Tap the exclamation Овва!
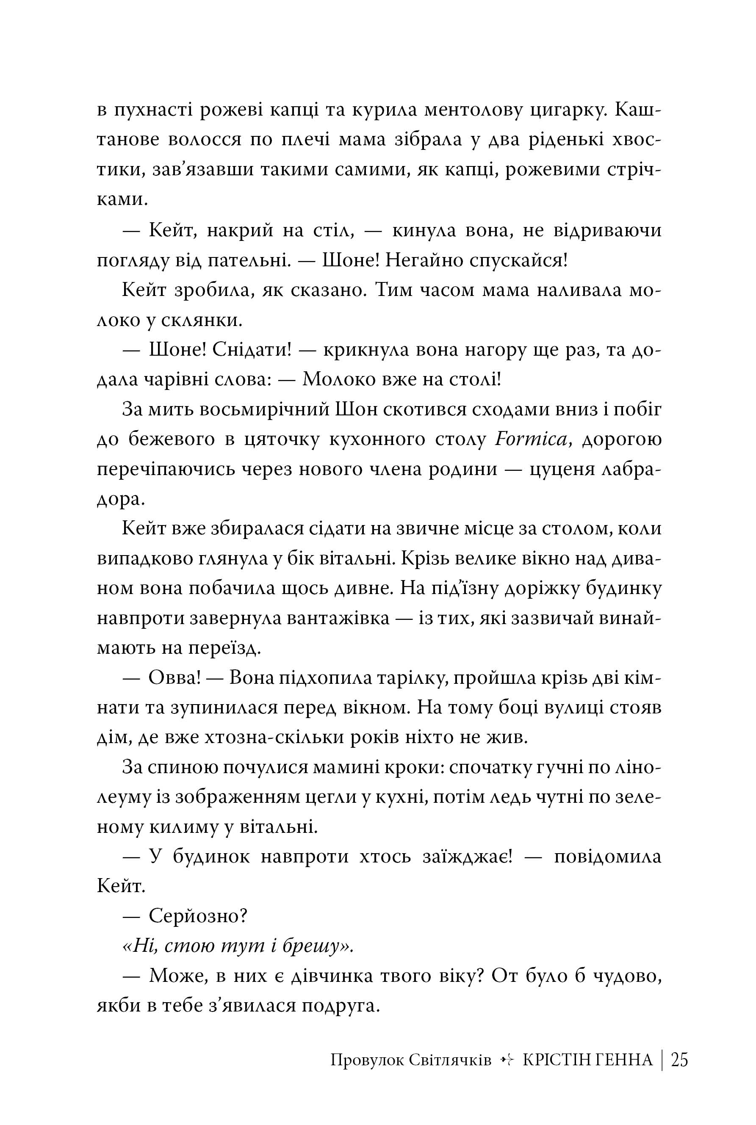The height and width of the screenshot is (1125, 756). click(x=174, y=678)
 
